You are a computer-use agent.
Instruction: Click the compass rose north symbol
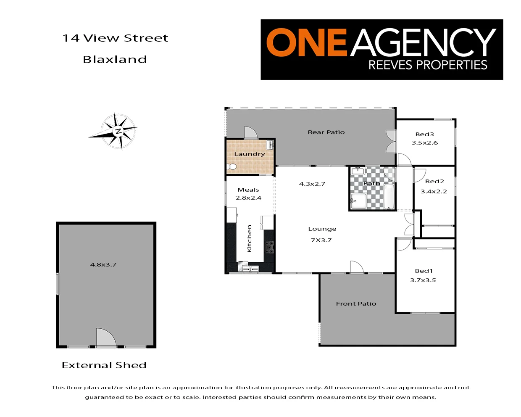(118, 131)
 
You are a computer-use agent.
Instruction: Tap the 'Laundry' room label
(250, 154)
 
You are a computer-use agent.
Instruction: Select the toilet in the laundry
(232, 167)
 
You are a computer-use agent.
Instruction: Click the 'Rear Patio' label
(326, 132)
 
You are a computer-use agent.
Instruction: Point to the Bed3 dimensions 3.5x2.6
(425, 143)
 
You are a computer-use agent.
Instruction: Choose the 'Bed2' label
(434, 182)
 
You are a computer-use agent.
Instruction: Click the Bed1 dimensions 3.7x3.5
(423, 280)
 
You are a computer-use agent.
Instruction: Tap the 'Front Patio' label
(356, 304)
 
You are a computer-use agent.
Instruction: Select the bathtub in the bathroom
(389, 196)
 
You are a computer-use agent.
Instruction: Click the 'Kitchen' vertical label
(250, 238)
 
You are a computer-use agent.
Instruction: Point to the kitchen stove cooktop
(269, 247)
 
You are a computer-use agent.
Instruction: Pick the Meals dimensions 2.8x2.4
(248, 198)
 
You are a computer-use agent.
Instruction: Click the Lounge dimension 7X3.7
(321, 240)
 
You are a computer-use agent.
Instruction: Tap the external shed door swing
(105, 338)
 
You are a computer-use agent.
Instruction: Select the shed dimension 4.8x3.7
(103, 265)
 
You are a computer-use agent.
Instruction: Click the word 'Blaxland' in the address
(115, 60)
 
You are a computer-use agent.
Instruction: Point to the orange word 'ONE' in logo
(306, 42)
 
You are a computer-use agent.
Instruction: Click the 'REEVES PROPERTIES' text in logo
(428, 65)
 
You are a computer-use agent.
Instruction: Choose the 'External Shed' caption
(104, 365)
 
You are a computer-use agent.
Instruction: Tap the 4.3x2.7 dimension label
(312, 184)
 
